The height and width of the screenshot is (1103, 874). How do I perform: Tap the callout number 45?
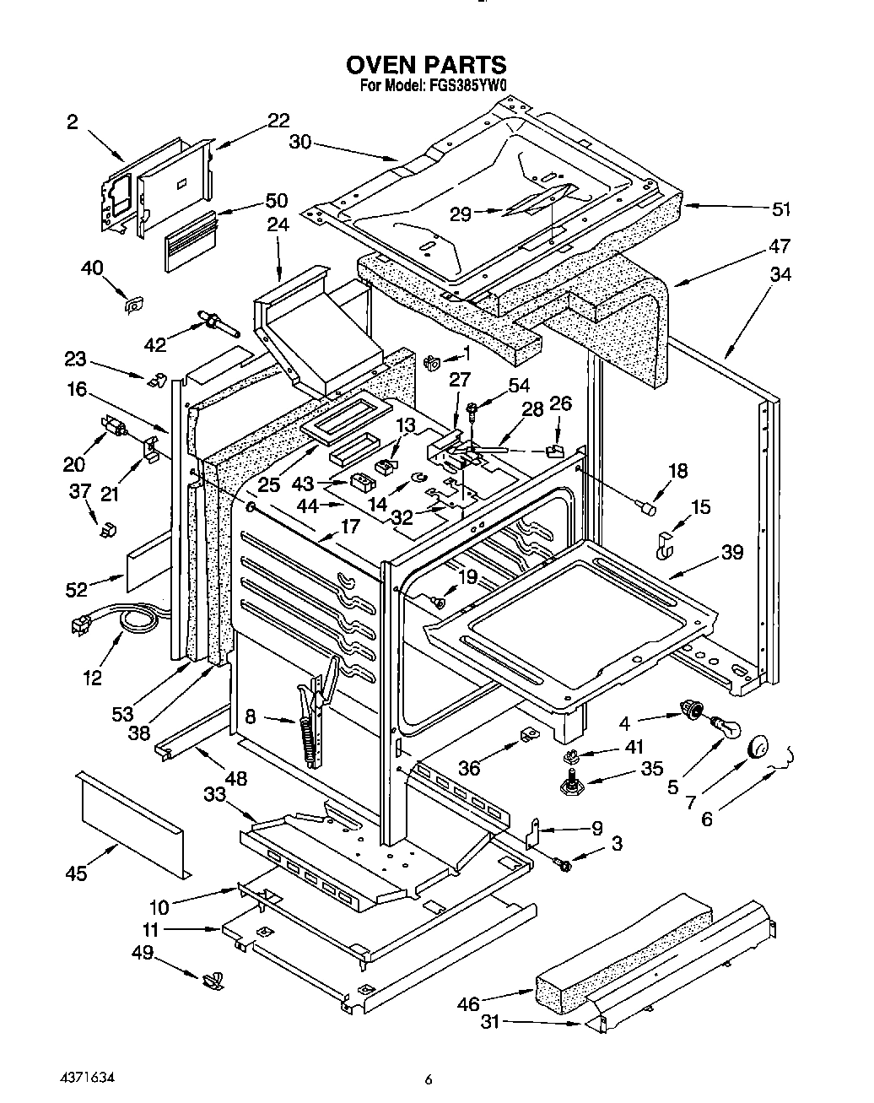coord(76,873)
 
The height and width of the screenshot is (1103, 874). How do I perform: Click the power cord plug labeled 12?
coord(82,624)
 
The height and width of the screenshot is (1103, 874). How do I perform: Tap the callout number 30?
coord(300,143)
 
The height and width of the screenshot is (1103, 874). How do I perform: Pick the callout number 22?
coord(278,120)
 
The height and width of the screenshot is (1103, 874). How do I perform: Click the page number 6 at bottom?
coord(429,1079)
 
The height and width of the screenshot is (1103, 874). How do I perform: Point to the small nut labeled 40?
coord(132,305)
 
